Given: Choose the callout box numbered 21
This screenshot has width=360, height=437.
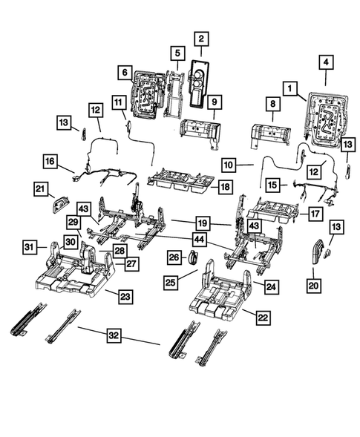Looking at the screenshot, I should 41,191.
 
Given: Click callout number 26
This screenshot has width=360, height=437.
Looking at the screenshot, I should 174,257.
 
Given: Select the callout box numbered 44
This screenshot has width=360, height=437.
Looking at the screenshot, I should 198,240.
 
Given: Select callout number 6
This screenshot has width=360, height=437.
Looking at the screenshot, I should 125,72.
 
